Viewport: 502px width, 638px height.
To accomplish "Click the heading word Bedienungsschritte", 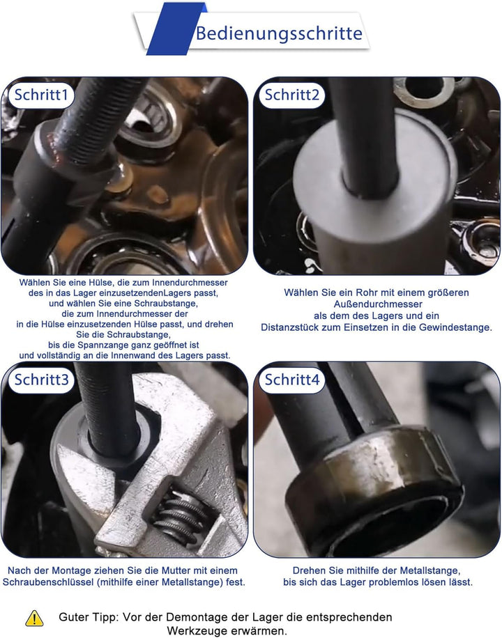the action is [x=279, y=33].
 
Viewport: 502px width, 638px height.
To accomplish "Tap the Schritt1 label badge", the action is [x=40, y=95].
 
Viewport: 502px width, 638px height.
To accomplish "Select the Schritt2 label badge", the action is [x=291, y=95].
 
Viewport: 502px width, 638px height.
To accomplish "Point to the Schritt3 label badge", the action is [x=40, y=380].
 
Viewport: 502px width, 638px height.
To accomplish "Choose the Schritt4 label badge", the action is [x=291, y=380].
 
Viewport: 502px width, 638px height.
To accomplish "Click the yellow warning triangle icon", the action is [x=34, y=618].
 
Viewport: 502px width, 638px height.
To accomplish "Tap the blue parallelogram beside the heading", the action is [x=175, y=29].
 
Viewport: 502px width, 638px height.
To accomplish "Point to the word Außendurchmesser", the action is [x=378, y=304].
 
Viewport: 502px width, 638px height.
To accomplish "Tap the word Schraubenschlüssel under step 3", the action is [x=48, y=582].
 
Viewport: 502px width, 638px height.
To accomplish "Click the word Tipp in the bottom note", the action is [x=106, y=618].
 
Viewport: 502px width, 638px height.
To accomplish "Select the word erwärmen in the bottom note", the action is [x=265, y=632].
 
